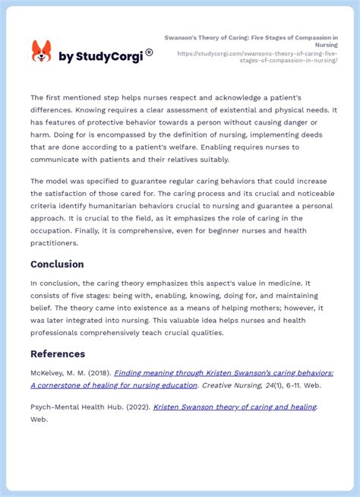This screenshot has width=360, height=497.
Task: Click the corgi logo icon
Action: tap(42, 52)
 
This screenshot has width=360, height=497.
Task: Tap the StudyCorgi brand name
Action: tap(100, 57)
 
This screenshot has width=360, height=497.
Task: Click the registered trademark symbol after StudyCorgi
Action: tap(149, 52)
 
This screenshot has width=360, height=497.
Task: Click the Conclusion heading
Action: tap(57, 264)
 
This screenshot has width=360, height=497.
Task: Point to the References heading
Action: tap(58, 353)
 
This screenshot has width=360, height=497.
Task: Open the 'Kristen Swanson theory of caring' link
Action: tap(235, 407)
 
